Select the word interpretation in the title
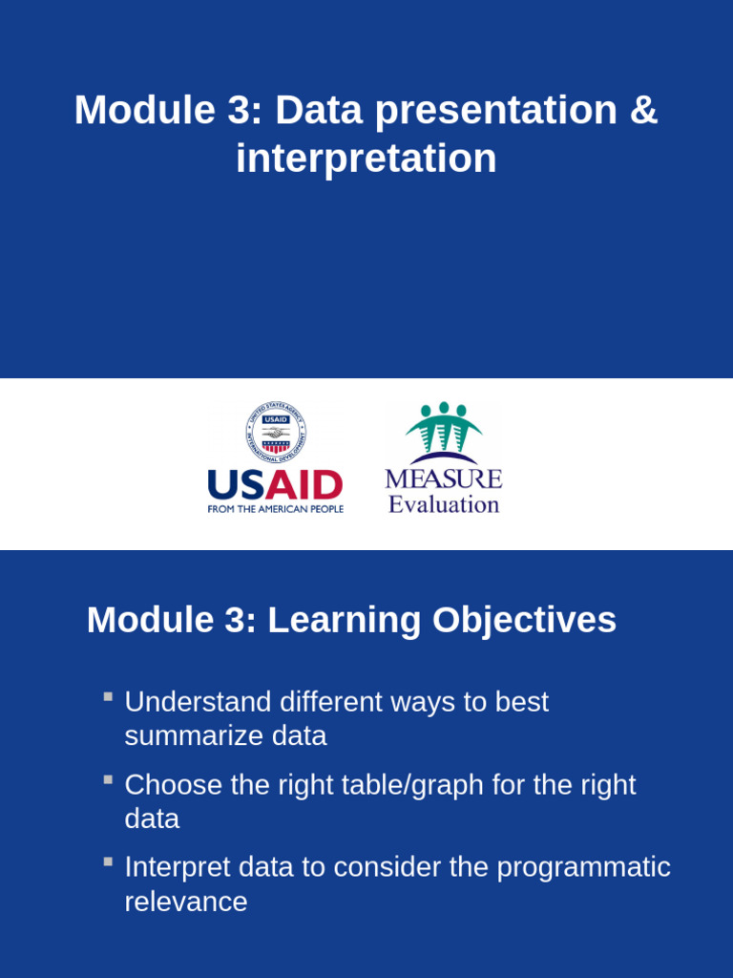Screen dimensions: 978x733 366,159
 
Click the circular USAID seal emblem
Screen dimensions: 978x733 276,433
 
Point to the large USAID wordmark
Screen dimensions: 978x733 275,485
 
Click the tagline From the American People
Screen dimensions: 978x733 275,510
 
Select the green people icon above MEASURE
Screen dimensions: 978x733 443,432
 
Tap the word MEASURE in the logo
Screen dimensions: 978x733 443,478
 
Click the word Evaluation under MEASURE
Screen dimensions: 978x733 443,504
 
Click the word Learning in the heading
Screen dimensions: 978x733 344,621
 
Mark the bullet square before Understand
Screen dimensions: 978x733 109,697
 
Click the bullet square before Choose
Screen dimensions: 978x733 109,780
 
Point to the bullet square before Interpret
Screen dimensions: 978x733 109,862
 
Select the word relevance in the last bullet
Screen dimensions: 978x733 185,902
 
